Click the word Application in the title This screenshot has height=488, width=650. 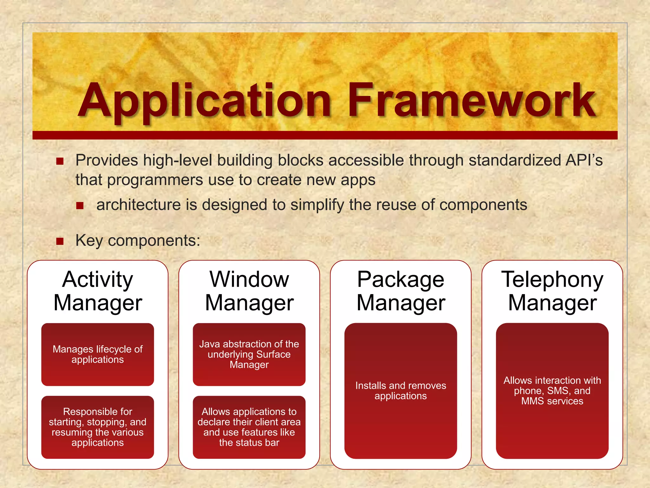pos(205,101)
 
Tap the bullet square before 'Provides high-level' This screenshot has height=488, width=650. pos(60,161)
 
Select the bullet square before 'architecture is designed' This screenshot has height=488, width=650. pos(80,206)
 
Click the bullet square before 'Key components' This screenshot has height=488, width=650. pos(60,241)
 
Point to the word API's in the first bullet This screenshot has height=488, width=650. pos(584,160)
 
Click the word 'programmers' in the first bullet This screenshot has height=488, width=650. pos(155,180)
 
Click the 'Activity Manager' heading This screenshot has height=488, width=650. pos(98,291)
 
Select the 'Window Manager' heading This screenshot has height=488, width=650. pos(249,291)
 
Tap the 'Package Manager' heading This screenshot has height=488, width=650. pos(401,291)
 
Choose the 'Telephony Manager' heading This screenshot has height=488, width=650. pos(552,291)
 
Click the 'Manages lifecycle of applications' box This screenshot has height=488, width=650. pos(98,355)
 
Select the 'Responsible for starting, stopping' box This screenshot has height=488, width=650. pos(98,427)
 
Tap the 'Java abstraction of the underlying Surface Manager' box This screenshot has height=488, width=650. pos(249,355)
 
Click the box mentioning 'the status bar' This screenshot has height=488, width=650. pos(249,427)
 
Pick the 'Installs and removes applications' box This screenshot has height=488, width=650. pos(401,391)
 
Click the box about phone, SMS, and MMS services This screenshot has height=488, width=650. pos(552,391)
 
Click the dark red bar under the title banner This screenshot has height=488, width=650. pos(325,135)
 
